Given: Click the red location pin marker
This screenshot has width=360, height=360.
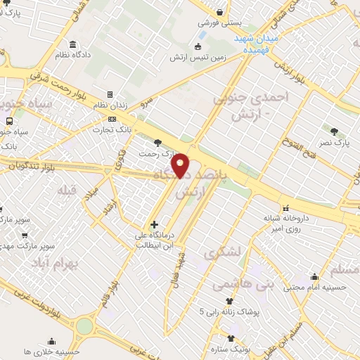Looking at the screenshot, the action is click(x=181, y=165).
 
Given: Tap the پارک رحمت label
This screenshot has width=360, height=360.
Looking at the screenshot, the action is click(x=155, y=152).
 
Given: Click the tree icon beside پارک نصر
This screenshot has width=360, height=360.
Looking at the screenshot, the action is click(x=333, y=131).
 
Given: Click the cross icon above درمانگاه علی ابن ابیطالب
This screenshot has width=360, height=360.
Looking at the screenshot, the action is click(x=154, y=224).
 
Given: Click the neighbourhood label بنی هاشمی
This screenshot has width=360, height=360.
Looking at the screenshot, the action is click(x=252, y=285).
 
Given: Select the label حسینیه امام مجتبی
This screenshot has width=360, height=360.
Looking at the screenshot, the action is click(x=314, y=287).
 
